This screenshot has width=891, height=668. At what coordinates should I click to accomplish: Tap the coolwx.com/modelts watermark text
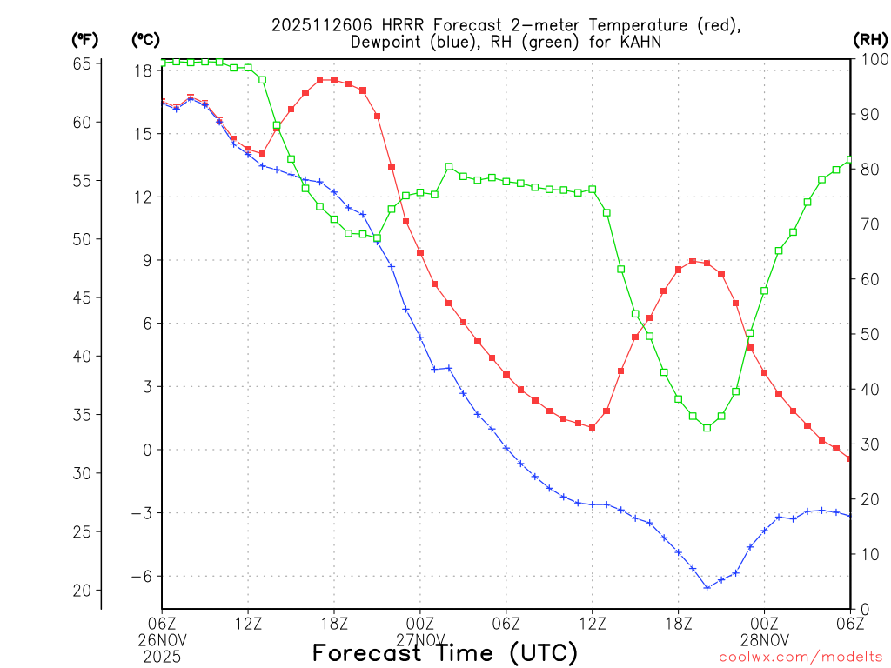tap(801, 656)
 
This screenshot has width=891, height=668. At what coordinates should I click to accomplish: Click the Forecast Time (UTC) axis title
tap(445, 652)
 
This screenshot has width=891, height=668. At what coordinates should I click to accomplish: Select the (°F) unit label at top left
tap(85, 39)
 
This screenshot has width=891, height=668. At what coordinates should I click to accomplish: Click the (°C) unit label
tap(144, 39)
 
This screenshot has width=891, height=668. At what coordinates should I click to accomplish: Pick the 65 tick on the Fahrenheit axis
tap(84, 63)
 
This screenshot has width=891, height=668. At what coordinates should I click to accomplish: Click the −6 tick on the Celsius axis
tap(141, 576)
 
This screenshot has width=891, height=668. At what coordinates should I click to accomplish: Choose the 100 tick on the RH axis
tap(873, 59)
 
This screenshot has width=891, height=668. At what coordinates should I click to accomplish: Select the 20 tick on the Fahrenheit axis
tap(84, 591)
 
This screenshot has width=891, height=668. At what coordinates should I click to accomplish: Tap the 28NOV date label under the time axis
tap(765, 640)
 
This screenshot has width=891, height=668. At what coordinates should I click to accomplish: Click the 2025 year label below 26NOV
tap(162, 657)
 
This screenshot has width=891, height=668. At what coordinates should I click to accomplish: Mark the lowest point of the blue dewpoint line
tap(707, 587)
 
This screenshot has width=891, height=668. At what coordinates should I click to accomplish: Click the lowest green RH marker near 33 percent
tap(707, 427)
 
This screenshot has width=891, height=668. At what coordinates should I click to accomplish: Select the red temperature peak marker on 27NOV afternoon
tap(693, 261)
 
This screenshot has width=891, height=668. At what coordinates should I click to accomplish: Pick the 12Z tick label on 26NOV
tap(248, 623)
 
